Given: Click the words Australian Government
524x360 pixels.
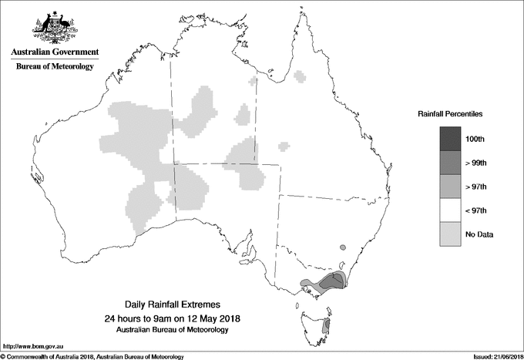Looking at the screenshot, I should [55, 52].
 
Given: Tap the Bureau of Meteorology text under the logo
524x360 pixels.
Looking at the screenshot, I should [55, 67].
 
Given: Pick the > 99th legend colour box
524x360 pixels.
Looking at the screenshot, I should [452, 162].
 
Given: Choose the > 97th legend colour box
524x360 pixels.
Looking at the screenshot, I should [452, 186].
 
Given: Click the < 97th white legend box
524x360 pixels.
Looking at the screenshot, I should [452, 210].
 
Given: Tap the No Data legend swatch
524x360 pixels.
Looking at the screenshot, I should [452, 234].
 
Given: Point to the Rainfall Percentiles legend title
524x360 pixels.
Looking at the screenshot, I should [450, 113].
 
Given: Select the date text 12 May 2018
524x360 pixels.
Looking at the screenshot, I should [213, 318].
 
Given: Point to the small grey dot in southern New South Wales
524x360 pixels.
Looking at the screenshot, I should [343, 247].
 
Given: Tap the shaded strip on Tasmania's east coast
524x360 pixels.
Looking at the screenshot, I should [326, 327].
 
